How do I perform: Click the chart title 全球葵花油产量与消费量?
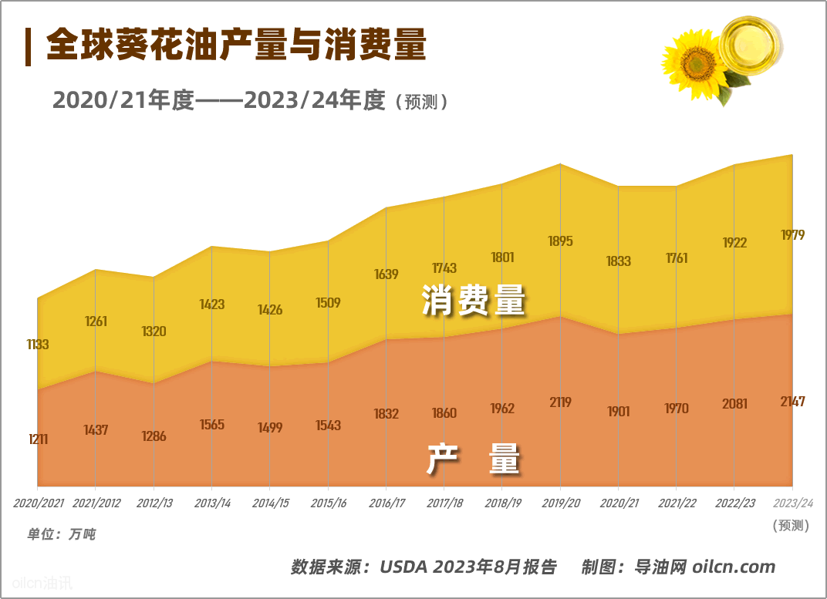[236, 46]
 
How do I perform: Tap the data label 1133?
[37, 345]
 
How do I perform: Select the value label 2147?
[792, 402]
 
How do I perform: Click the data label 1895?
[560, 241]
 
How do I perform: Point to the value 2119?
[560, 402]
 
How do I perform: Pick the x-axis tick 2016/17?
[386, 503]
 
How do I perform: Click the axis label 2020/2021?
[39, 503]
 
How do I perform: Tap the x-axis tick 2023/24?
[793, 503]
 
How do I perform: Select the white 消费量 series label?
[473, 301]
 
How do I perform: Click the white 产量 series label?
[474, 460]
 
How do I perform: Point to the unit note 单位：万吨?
[62, 533]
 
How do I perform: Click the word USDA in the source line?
[403, 567]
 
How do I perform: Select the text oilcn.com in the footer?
[733, 567]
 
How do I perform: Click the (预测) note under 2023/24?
[791, 526]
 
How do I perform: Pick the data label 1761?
[677, 258]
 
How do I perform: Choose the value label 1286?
[154, 436]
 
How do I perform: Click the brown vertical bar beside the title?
[29, 46]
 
